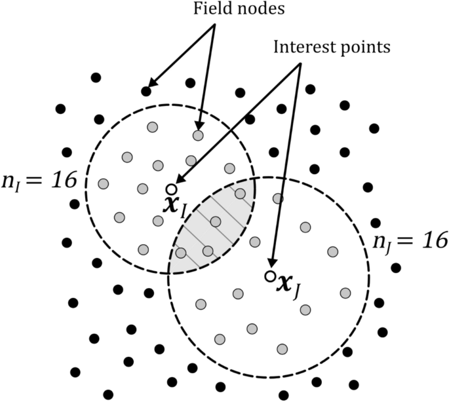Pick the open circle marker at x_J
(269, 276)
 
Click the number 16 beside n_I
(62, 179)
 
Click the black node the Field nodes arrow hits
(146, 91)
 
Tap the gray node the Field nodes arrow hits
(198, 134)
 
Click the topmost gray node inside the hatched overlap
(241, 193)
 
